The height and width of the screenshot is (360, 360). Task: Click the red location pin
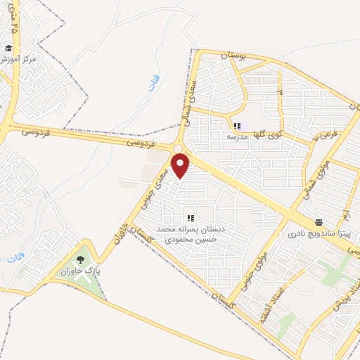click(x=181, y=165)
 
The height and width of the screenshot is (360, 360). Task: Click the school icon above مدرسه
click(x=236, y=126)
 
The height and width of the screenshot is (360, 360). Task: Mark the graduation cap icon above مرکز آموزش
click(x=8, y=49)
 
